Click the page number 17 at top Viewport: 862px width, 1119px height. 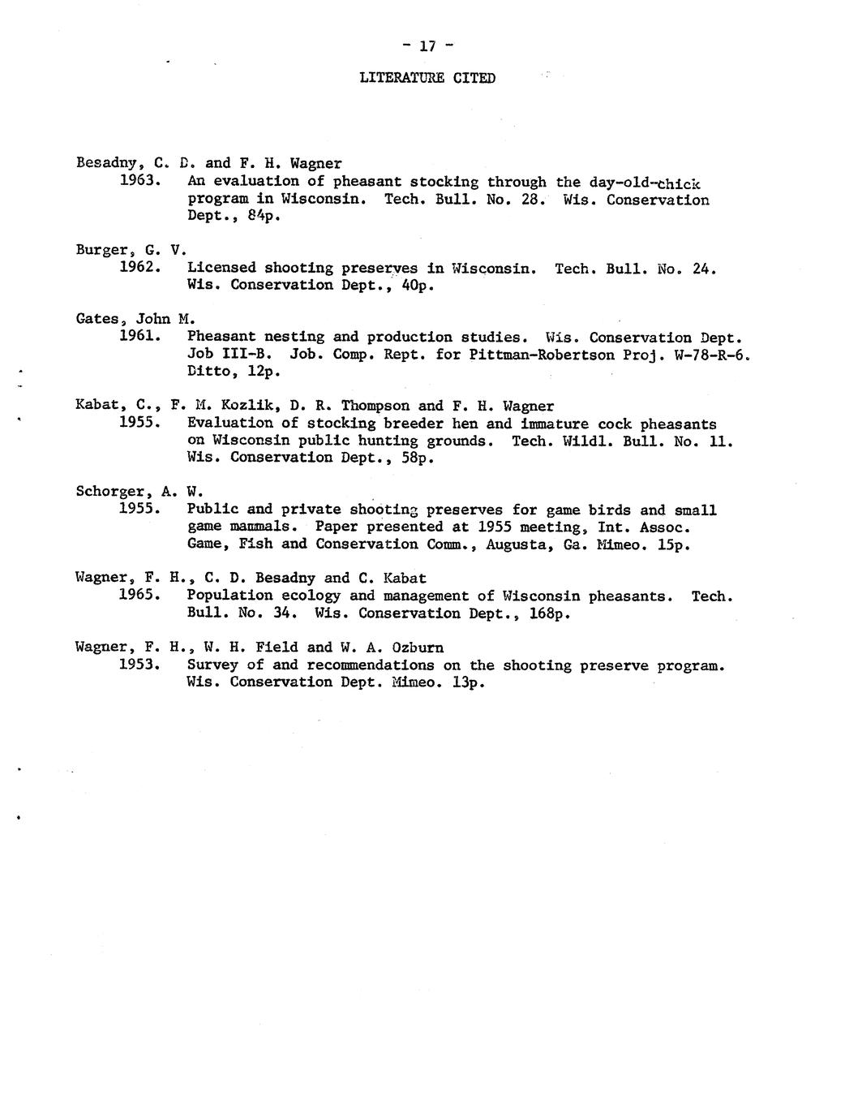(427, 47)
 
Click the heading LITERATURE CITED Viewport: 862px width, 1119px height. (427, 78)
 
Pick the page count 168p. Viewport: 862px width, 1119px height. (549, 613)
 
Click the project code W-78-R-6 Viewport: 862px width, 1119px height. (706, 355)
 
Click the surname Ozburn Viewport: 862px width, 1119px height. (417, 648)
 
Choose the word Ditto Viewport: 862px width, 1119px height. (212, 372)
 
